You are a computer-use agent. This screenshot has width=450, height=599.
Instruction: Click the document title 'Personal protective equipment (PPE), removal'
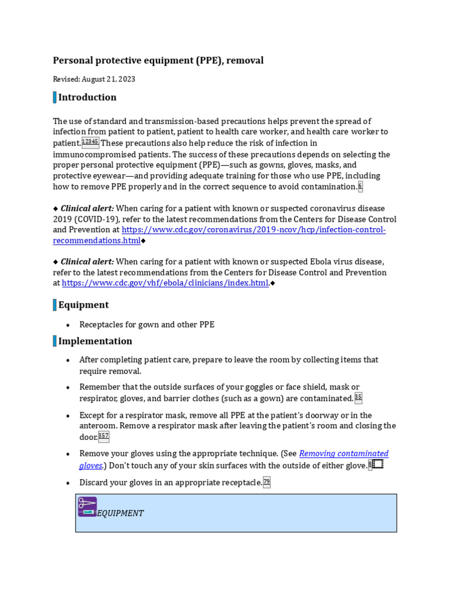pyautogui.click(x=158, y=60)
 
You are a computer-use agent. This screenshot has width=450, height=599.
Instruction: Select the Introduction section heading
pyautogui.click(x=87, y=97)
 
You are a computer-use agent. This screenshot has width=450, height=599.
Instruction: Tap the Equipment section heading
pyautogui.click(x=83, y=305)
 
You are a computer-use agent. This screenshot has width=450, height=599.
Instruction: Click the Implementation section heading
pyautogui.click(x=95, y=341)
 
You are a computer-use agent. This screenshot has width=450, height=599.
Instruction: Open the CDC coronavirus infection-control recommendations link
pyautogui.click(x=219, y=235)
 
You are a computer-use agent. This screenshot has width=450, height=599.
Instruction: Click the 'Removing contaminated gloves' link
pyautogui.click(x=343, y=454)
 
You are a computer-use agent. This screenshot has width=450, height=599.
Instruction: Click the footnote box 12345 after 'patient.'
pyautogui.click(x=90, y=143)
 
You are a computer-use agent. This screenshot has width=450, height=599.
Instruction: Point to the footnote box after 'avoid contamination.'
pyautogui.click(x=360, y=187)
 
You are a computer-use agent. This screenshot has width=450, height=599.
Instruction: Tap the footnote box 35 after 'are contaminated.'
pyautogui.click(x=358, y=398)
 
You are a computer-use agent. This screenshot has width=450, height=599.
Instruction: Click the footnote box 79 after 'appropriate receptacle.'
pyautogui.click(x=267, y=483)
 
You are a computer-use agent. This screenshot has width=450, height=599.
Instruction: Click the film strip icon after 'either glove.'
pyautogui.click(x=378, y=464)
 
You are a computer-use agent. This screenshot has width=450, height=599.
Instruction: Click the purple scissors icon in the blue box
pyautogui.click(x=87, y=507)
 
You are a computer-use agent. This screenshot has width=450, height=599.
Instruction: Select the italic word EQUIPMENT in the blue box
pyautogui.click(x=120, y=513)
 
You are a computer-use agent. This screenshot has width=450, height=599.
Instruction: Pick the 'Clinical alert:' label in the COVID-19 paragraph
pyautogui.click(x=87, y=209)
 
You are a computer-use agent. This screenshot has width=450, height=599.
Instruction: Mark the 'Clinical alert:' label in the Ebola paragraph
pyautogui.click(x=87, y=261)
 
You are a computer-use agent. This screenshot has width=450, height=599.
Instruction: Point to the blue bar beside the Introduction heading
pyautogui.click(x=54, y=97)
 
